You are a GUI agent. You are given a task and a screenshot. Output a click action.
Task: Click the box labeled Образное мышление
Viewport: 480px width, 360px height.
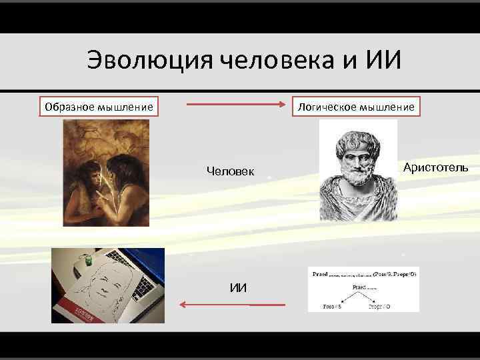99,107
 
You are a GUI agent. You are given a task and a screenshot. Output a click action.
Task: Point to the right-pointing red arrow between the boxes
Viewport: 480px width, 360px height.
233,105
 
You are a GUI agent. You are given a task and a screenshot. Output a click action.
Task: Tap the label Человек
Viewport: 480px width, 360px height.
230,171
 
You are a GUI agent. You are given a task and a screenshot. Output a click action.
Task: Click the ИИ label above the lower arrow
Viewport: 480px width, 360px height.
238,287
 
